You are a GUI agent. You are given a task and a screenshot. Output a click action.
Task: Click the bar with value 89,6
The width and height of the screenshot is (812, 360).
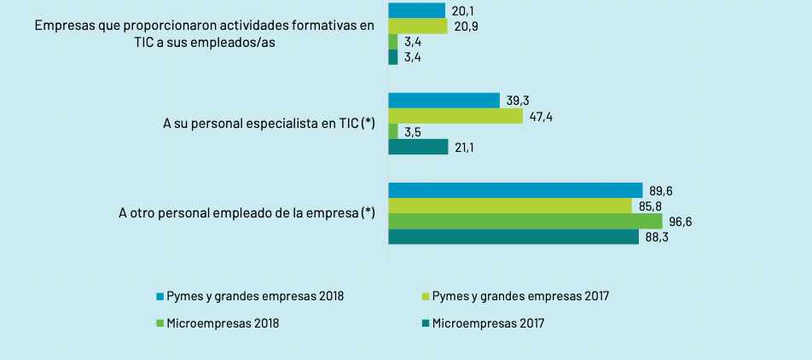point(515,190)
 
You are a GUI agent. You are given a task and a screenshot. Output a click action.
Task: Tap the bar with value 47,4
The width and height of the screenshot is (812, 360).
point(455,116)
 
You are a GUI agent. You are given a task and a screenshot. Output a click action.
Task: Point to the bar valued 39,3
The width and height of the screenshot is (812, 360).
point(444,101)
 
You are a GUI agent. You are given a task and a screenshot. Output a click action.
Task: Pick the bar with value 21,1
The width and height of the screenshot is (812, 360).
point(418,148)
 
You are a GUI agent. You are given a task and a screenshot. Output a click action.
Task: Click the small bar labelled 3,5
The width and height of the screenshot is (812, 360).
point(393,132)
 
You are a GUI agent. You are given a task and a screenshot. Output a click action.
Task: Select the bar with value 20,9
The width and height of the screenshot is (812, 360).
point(418,26)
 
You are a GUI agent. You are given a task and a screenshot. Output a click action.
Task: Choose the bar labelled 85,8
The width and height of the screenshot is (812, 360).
point(510,206)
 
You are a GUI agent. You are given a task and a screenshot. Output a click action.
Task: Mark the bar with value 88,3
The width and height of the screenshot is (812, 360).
point(513,237)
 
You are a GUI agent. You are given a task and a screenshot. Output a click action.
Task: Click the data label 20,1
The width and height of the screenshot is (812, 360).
point(463,11)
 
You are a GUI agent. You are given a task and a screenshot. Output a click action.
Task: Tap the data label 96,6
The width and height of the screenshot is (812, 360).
point(679,222)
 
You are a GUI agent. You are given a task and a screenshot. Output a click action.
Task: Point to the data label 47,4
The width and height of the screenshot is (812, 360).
point(541,116)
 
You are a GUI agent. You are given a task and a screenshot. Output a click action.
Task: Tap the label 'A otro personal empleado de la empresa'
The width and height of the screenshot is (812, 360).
point(246,213)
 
